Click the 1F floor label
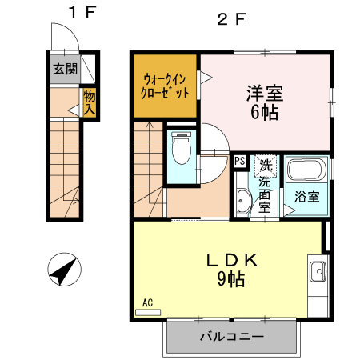click(x=82, y=12)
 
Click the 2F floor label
click(x=231, y=19)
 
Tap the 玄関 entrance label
click(x=65, y=69)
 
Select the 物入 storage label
click(x=90, y=102)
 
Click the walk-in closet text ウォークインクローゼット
click(x=165, y=86)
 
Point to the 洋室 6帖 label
click(x=265, y=102)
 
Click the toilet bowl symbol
click(x=182, y=148)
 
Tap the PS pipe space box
click(x=240, y=161)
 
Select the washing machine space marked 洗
click(x=266, y=166)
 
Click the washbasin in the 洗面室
click(x=243, y=201)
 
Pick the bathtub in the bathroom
click(x=306, y=170)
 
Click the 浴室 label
click(x=307, y=197)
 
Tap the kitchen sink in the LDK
click(x=318, y=271)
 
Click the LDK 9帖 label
click(x=231, y=270)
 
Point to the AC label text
click(x=147, y=302)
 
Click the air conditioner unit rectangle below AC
click(x=148, y=312)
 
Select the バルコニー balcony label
click(x=232, y=337)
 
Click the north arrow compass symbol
click(x=64, y=270)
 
